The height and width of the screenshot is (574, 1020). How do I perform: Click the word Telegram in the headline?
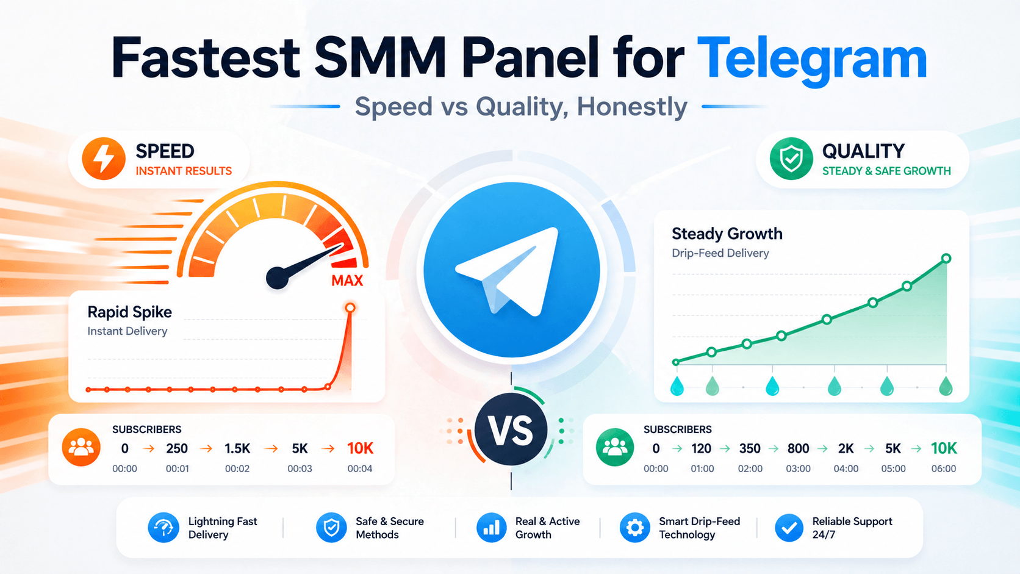pos(811,59)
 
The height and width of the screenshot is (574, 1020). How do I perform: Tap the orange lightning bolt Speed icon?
pos(104,159)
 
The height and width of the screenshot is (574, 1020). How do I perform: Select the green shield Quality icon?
pos(791,159)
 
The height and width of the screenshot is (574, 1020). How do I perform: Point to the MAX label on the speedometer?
pos(347,281)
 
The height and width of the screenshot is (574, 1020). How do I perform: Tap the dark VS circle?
pos(511,431)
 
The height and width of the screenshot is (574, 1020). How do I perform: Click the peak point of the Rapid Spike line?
pos(350,308)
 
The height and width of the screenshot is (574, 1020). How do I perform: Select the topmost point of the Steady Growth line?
pos(946,259)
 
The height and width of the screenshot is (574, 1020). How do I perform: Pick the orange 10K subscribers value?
pos(360,448)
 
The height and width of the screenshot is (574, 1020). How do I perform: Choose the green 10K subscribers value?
pos(944,448)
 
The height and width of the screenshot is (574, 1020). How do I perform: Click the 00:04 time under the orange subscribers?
pos(360,468)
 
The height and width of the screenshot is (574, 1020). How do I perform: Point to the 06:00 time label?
pos(944,468)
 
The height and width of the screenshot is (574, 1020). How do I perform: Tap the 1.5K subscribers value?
pos(237,448)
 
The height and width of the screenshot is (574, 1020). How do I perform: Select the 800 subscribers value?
pos(798,448)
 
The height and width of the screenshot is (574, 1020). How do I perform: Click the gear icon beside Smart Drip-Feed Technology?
pos(635,528)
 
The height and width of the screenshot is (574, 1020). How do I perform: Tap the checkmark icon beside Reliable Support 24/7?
pos(789,528)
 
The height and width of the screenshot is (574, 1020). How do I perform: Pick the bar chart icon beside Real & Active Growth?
pos(491,528)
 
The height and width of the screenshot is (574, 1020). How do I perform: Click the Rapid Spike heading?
pos(129,312)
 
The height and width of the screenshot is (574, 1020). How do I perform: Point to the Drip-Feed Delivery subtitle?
pos(720,253)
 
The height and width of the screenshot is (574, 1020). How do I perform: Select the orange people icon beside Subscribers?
pos(81,448)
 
